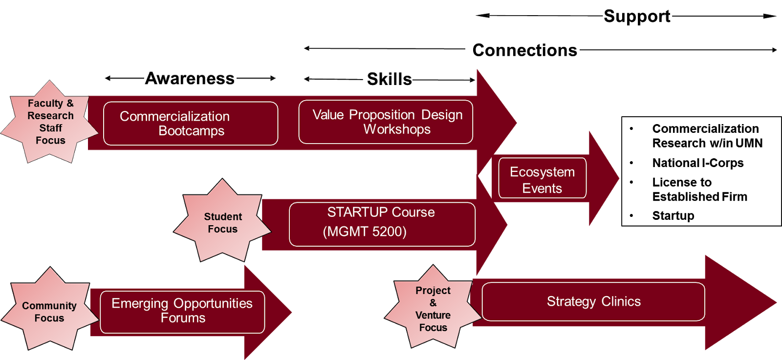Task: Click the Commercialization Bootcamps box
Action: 191,124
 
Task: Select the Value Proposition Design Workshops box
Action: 386,122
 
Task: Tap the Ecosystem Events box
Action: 542,178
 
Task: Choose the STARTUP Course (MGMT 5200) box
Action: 382,224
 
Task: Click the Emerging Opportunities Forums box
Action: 182,312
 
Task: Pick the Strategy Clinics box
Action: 593,301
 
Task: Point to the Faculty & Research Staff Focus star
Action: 50,122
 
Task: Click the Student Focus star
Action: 222,221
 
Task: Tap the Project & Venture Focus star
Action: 433,307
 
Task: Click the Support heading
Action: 637,16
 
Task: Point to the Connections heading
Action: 525,50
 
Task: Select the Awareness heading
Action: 190,78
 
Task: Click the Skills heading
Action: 389,79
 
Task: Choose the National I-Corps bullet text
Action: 698,163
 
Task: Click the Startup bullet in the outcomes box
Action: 673,215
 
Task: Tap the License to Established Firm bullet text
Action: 699,190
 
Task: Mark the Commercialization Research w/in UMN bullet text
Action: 707,136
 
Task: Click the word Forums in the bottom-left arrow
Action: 183,318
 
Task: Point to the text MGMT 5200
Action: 365,232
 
